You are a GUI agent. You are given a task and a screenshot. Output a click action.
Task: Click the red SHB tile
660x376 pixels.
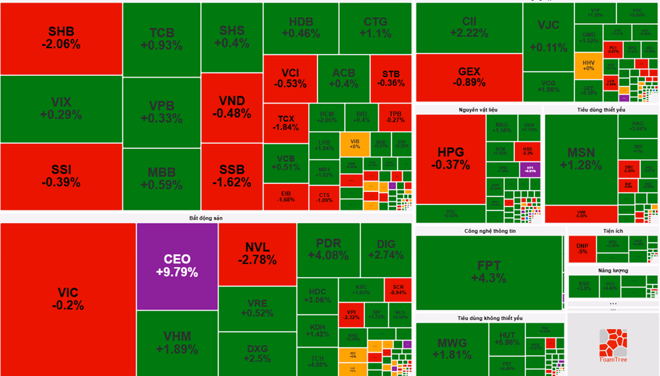[61, 38]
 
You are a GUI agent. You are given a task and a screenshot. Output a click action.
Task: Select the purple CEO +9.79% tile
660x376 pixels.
[177, 266]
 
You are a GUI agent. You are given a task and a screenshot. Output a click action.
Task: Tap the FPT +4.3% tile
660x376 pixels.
[488, 272]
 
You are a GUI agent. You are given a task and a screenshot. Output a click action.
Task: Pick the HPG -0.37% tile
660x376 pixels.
[450, 158]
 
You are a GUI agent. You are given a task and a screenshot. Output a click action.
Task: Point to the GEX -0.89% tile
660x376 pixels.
[469, 77]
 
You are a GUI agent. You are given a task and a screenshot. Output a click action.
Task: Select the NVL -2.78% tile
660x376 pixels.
[257, 253]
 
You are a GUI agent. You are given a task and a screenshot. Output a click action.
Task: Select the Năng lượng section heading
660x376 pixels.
[613, 270]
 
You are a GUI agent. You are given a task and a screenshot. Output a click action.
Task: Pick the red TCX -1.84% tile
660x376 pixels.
[286, 123]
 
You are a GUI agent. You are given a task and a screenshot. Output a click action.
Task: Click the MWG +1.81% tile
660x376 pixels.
[451, 348]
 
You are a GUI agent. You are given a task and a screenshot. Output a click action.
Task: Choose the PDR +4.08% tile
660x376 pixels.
[328, 249]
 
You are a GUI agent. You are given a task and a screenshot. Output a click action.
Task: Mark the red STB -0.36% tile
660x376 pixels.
[391, 78]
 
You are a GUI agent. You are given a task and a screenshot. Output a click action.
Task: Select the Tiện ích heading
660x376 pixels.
[613, 231]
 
